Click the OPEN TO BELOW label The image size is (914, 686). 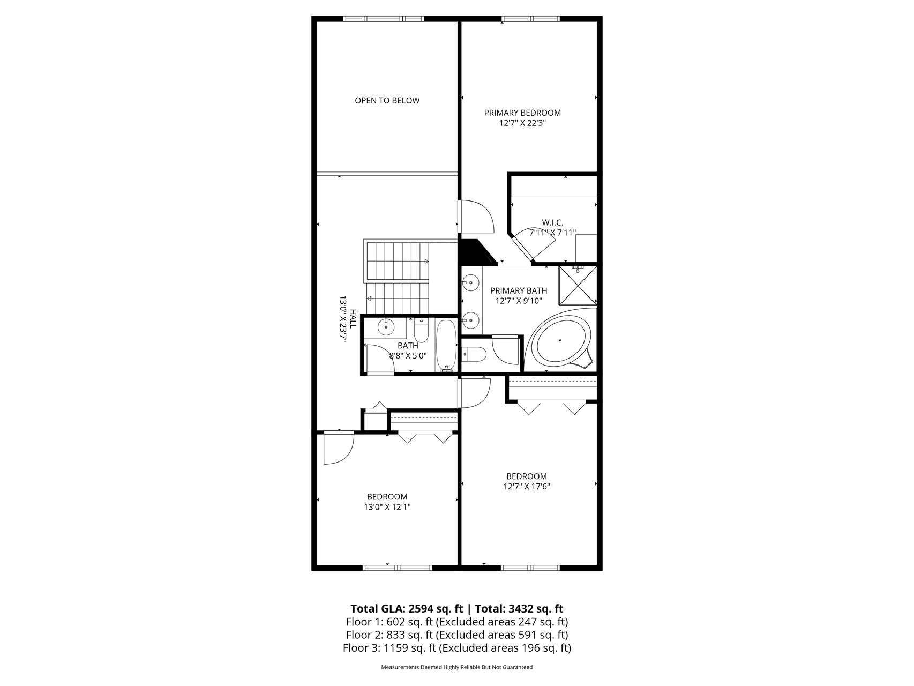click(387, 100)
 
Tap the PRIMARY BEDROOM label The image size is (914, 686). click(522, 113)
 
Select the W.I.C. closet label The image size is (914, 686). click(552, 222)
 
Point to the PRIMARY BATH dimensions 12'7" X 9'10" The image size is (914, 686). click(519, 301)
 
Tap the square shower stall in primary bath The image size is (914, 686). click(578, 285)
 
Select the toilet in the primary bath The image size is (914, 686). click(474, 354)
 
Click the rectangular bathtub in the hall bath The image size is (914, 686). click(446, 346)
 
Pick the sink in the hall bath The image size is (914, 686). click(386, 326)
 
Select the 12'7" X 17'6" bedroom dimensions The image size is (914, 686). click(527, 487)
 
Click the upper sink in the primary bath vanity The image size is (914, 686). click(470, 281)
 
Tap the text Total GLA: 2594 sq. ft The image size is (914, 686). click(407, 609)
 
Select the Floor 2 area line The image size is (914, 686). click(457, 635)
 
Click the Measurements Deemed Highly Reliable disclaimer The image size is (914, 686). click(457, 667)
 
